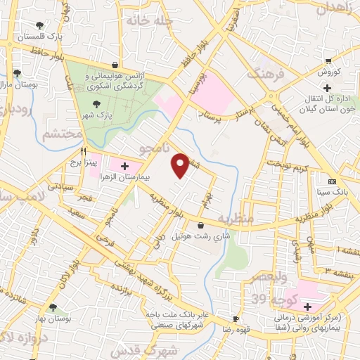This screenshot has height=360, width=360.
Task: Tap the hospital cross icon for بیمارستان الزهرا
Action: coord(125,167)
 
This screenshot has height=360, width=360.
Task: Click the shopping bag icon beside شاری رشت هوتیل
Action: coord(202,226)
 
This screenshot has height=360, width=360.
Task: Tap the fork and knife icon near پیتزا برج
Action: coord(83,150)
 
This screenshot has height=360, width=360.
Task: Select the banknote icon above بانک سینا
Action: coord(333,181)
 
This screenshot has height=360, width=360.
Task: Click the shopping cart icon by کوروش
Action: coord(328,61)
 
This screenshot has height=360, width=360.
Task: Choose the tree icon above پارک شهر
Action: coord(96,103)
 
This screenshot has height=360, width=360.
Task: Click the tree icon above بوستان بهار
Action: coord(53,307)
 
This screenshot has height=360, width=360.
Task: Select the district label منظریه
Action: coord(236,219)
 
